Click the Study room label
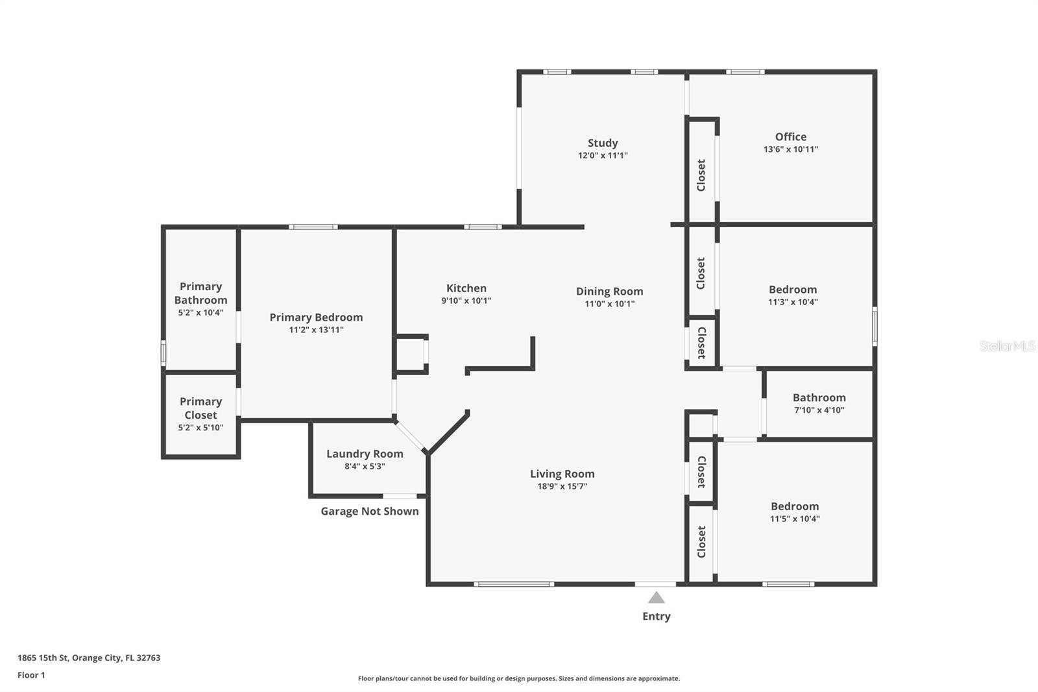pos(603,143)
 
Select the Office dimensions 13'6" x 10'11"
pos(790,149)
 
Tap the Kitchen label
pos(466,288)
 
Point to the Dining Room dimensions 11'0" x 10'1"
pos(609,304)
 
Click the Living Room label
pos(562,474)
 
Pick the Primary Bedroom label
pos(316,317)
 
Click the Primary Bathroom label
pos(200,293)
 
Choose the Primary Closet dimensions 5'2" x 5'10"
pos(200,428)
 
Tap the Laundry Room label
pos(365,454)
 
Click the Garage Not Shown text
pos(369,512)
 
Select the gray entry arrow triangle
pos(656,598)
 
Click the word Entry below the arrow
pos(656,616)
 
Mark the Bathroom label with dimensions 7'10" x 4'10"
pos(819,398)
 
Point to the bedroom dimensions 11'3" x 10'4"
pos(793,302)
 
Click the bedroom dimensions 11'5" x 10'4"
pos(795,519)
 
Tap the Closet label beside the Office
pos(701,175)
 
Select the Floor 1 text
pos(31,675)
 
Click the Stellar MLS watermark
pos(1007,346)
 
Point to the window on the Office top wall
pos(744,71)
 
